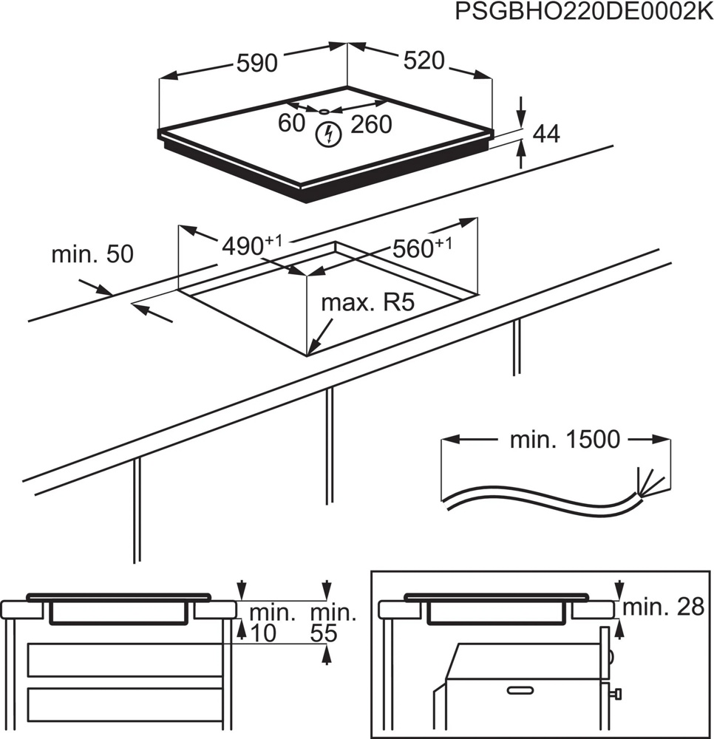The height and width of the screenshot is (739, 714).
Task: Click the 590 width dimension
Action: tap(256, 64)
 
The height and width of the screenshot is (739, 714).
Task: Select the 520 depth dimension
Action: tap(424, 61)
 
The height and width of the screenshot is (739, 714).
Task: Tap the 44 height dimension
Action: tap(546, 134)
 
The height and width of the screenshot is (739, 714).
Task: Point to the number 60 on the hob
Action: tap(291, 123)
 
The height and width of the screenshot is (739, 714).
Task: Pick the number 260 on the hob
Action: tap(371, 125)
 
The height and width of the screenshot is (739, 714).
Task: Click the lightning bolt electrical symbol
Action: tap(327, 134)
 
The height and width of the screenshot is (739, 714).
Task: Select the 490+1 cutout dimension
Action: tap(251, 244)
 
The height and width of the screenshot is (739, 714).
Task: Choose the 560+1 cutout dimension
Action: tap(421, 247)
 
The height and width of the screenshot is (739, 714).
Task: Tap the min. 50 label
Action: tap(92, 255)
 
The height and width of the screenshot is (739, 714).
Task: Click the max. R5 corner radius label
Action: tap(365, 303)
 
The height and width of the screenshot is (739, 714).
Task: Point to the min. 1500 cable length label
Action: tap(565, 440)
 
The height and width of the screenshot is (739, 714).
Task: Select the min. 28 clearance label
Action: tap(662, 607)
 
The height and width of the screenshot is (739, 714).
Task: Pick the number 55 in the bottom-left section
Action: tap(322, 633)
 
